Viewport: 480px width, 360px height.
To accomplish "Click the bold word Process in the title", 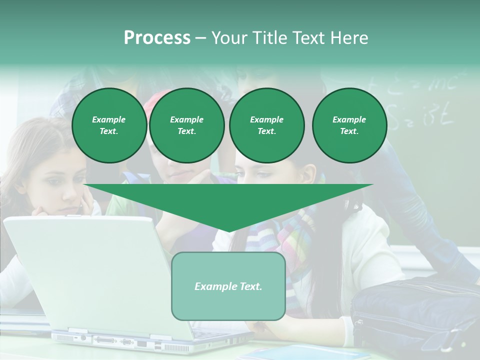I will point(157,38).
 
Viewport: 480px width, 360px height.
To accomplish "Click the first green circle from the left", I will point(109,125).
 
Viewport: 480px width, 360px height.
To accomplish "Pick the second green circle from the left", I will point(186,125).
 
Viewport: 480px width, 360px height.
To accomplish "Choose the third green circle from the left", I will point(266,125).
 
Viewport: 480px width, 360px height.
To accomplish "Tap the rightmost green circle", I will point(349,125).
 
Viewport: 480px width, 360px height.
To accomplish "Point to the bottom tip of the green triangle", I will point(228,231).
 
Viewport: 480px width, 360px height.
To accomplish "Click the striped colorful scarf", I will point(290,240).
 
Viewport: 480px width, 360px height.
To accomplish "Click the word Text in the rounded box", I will point(249,286).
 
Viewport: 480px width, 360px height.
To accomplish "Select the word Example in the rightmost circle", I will point(349,119).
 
